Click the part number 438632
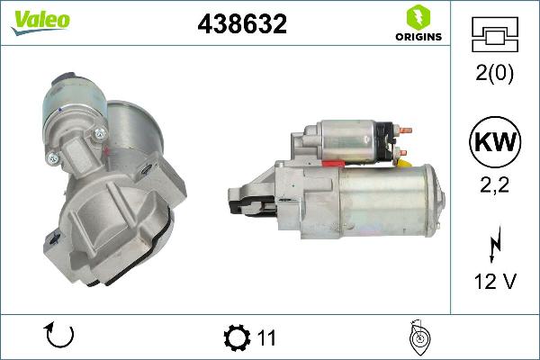click(x=242, y=25)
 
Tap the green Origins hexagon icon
click(x=417, y=16)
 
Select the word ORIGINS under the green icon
click(x=418, y=38)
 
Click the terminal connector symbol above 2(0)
click(x=494, y=36)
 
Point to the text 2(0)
click(x=494, y=74)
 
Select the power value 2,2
click(x=494, y=185)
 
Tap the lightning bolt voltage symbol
click(x=494, y=243)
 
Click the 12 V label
click(x=494, y=282)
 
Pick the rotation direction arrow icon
click(x=58, y=337)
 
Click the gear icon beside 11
click(x=237, y=337)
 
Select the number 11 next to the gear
click(x=265, y=338)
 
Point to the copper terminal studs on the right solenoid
click(x=402, y=140)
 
